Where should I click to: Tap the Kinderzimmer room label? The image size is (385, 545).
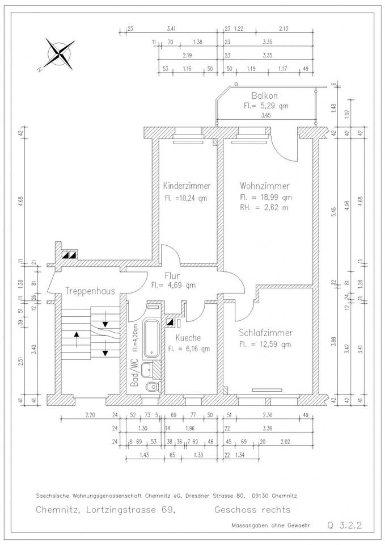(x=187, y=186)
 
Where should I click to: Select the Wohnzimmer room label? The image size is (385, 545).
(x=265, y=186)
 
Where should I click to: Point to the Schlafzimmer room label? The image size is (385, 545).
(x=265, y=333)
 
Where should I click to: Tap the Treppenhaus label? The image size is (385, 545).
(x=90, y=291)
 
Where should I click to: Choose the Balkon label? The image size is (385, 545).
(x=265, y=95)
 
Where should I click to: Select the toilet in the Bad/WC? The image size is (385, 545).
(x=151, y=387)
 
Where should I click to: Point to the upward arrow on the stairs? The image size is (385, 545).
(x=78, y=340)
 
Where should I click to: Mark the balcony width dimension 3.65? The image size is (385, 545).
(x=265, y=115)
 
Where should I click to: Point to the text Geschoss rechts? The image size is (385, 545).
(x=252, y=509)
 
